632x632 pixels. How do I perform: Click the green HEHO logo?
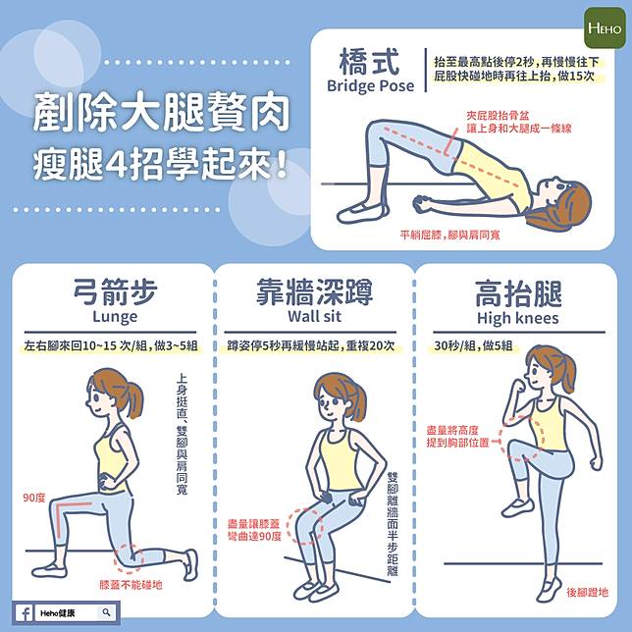tap(605, 27)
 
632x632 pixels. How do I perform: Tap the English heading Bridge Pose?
tap(370, 85)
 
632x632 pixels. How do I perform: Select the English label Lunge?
tap(115, 317)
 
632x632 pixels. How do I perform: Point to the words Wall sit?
tap(314, 316)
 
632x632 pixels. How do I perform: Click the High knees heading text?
tap(518, 318)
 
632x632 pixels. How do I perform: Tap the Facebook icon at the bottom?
tap(24, 613)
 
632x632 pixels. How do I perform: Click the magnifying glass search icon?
tap(106, 612)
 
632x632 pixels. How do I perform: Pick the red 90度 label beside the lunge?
tap(33, 498)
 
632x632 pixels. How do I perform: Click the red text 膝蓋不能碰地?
tap(131, 585)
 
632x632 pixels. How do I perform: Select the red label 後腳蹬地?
tap(587, 592)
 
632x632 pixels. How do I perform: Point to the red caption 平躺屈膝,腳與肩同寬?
tap(449, 235)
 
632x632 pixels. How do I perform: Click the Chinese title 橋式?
tap(369, 61)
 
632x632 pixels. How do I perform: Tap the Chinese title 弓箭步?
tap(115, 291)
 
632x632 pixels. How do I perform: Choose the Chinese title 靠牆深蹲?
tap(314, 291)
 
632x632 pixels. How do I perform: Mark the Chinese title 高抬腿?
tap(518, 293)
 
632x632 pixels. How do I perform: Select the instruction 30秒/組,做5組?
tap(474, 346)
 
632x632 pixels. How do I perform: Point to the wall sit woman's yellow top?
tap(339, 459)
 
